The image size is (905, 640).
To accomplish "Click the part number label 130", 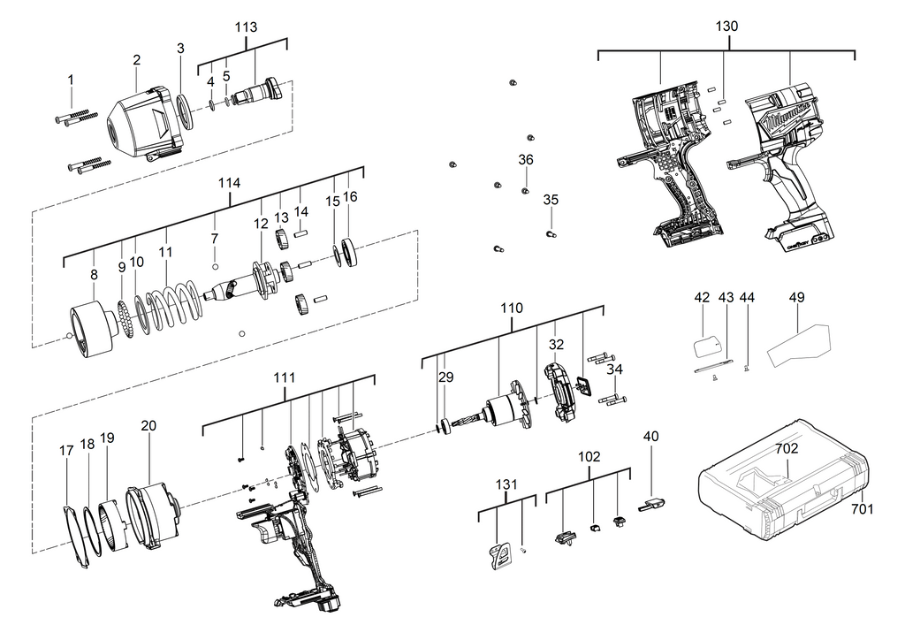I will coord(726,27).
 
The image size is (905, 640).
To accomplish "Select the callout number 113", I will coord(245,27).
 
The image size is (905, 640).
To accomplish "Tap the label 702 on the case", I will coord(787,448).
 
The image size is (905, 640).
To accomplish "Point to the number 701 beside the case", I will coord(862,509).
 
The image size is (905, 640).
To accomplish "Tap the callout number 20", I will coord(148,426).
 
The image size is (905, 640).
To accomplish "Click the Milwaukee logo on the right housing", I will coord(789,113).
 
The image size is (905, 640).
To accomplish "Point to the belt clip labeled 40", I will coord(651,505).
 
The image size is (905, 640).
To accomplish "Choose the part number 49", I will coord(796,298).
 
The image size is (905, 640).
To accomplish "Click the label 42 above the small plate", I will coord(702,298).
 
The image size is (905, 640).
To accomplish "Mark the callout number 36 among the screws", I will coord(526,160).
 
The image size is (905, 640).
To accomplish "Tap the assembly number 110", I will coord(512,309).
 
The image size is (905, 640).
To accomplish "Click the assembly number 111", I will coord(284,377).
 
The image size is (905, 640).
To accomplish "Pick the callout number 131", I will coord(506,484).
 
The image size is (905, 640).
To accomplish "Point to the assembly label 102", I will coord(589,457).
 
